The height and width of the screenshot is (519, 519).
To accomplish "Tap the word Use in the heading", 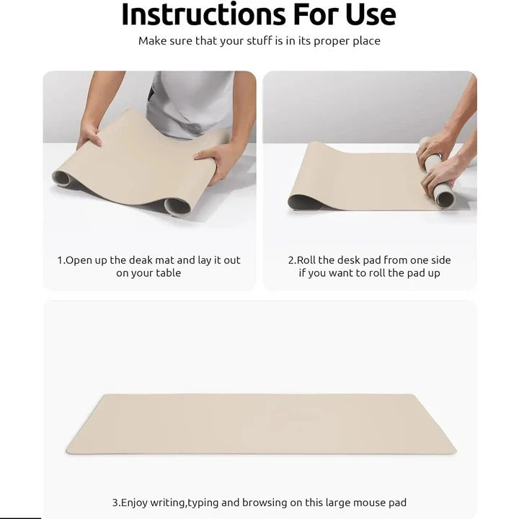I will point(365,14).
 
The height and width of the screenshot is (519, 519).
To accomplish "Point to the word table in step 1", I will point(167,273).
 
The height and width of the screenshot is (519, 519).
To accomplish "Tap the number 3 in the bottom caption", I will point(115,502).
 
